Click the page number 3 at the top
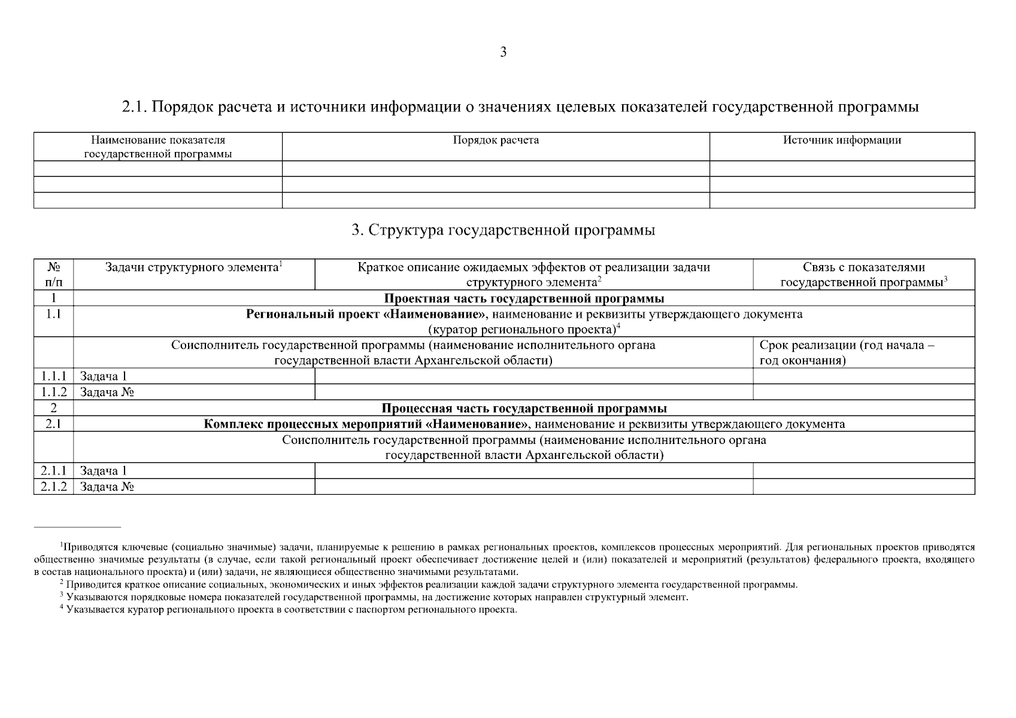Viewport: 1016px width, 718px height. (x=503, y=53)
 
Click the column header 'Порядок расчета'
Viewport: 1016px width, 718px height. (x=496, y=141)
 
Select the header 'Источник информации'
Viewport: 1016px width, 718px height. (x=842, y=141)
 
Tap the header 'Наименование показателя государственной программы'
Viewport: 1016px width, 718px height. (x=158, y=147)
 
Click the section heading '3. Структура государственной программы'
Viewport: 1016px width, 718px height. (x=504, y=230)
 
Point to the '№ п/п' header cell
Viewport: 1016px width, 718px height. (x=53, y=275)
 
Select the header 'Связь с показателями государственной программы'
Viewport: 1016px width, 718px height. (x=863, y=275)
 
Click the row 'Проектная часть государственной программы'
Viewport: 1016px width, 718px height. (x=523, y=299)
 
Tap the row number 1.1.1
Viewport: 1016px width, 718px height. (x=53, y=376)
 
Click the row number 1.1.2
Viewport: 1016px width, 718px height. (x=53, y=393)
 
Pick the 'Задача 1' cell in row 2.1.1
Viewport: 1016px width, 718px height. (x=104, y=471)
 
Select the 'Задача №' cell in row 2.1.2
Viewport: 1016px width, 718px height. (x=107, y=487)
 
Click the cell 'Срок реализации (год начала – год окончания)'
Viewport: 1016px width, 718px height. (x=847, y=353)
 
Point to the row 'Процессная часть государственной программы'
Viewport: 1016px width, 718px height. (x=524, y=409)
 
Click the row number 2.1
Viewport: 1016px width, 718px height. (x=53, y=424)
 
